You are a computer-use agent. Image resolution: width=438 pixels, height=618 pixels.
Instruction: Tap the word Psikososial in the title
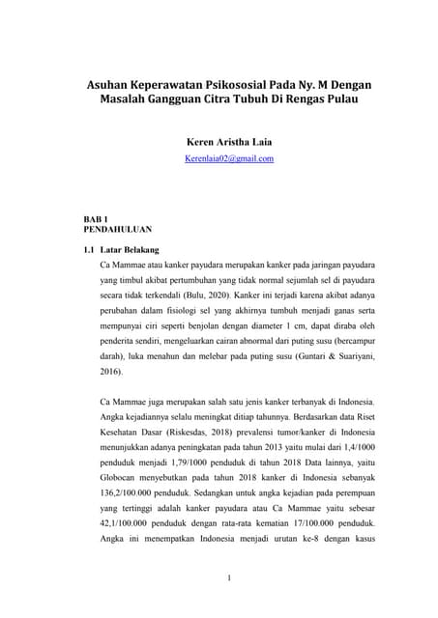pyautogui.click(x=256, y=85)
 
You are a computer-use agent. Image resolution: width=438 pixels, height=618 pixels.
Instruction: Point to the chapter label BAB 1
pyautogui.click(x=99, y=220)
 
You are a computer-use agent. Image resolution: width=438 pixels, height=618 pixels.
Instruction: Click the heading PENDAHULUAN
pyautogui.click(x=117, y=230)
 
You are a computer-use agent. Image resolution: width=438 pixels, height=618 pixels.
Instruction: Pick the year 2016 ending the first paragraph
pyautogui.click(x=111, y=371)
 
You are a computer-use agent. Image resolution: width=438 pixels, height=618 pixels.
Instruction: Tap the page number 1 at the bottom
pyautogui.click(x=228, y=605)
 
